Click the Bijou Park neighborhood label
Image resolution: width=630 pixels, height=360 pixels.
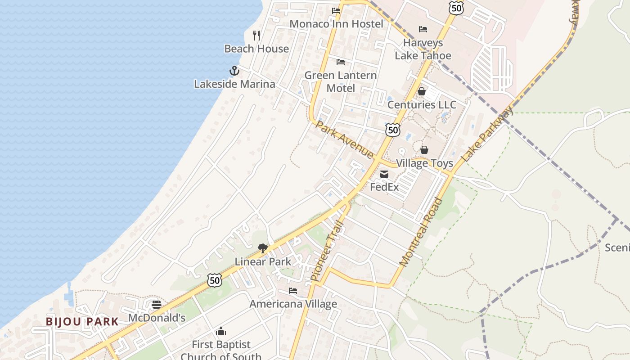click(82, 322)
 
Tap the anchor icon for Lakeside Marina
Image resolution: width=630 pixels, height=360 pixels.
click(234, 71)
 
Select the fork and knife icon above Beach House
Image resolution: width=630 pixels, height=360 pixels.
click(256, 36)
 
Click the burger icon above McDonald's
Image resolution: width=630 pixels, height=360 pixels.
click(157, 305)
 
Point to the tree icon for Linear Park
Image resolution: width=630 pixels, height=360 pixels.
click(263, 248)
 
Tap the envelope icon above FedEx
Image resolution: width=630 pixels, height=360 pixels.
click(384, 174)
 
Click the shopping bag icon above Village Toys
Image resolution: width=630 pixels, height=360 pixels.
click(424, 150)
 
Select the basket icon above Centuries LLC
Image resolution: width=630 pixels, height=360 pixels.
click(422, 92)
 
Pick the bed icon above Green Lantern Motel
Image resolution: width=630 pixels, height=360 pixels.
click(341, 62)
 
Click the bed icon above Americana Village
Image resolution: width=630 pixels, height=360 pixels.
click(293, 291)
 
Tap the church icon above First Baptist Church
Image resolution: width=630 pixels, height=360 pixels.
click(221, 332)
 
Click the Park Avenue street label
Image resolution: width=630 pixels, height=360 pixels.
click(344, 139)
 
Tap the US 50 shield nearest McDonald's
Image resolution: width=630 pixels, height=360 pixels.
click(215, 280)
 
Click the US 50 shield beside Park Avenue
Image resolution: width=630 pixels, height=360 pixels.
click(393, 130)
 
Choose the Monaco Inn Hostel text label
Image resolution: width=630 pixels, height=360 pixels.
click(336, 24)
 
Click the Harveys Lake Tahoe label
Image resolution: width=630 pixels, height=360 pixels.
click(423, 49)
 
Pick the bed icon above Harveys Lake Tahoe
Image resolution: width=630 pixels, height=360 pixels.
click(423, 30)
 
